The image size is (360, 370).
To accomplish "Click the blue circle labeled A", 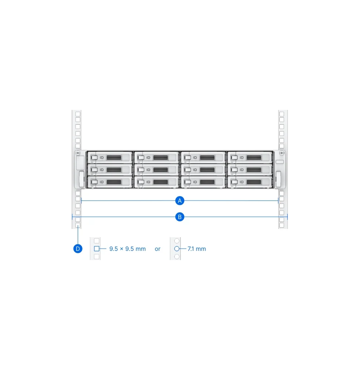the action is pyautogui.click(x=180, y=201).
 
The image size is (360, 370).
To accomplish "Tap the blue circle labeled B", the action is pyautogui.click(x=180, y=217).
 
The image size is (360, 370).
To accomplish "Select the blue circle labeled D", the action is pyautogui.click(x=78, y=249).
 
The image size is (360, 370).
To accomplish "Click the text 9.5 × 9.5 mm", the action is pyautogui.click(x=127, y=249).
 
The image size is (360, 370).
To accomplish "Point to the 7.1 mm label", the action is pyautogui.click(x=197, y=249).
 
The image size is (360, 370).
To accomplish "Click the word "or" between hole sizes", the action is pyautogui.click(x=158, y=249).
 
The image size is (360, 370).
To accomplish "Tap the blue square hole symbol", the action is pyautogui.click(x=97, y=249).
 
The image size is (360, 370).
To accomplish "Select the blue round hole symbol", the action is pyautogui.click(x=177, y=249).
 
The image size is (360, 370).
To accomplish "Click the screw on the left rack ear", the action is pyautogui.click(x=78, y=153).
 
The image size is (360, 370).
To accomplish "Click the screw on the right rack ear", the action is pyautogui.click(x=282, y=153).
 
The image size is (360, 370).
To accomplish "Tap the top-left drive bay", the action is pyautogui.click(x=110, y=157).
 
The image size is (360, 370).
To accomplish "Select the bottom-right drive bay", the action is pyautogui.click(x=250, y=182).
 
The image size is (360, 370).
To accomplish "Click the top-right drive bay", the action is pyautogui.click(x=250, y=157).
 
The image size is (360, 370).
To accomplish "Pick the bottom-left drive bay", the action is pyautogui.click(x=110, y=182).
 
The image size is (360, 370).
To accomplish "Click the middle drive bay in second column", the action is pyautogui.click(x=157, y=170).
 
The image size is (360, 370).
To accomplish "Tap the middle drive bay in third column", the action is pyautogui.click(x=203, y=170).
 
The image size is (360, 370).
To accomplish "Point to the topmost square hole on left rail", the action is pyautogui.click(x=78, y=114).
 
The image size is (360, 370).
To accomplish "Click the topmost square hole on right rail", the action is pyautogui.click(x=282, y=114).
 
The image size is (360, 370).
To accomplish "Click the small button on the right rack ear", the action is pyautogui.click(x=280, y=162).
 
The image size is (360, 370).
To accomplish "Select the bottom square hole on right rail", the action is pyautogui.click(x=282, y=225).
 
